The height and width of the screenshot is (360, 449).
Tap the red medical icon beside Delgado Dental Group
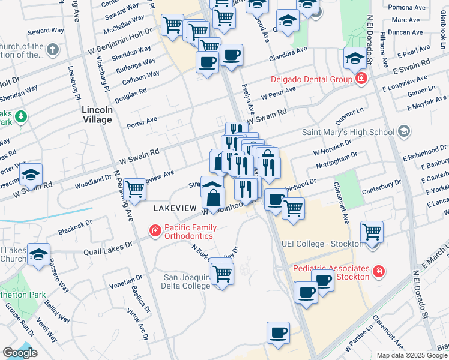pos(361,79)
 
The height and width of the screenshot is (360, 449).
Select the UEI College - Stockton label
pos(323,244)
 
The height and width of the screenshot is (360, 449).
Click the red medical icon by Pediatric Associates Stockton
pos(379,272)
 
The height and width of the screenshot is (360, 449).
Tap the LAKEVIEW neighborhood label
pos(175,208)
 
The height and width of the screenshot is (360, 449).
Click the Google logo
pos(20,353)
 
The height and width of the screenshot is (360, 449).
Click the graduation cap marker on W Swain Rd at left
pos(31,175)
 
